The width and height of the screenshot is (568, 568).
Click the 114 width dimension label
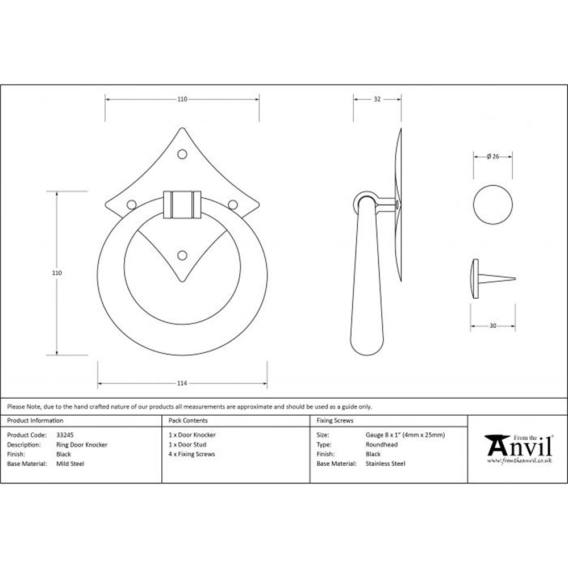[x=182, y=383]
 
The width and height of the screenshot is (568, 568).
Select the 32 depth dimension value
[x=377, y=99]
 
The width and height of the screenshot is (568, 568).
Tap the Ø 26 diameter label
[x=492, y=157]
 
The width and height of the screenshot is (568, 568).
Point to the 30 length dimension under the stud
[x=492, y=325]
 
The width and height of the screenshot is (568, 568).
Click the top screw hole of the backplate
[x=182, y=154]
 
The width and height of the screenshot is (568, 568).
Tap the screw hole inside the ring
[x=182, y=255]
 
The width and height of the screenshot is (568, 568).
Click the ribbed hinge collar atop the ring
[x=182, y=204]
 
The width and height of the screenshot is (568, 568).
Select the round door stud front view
[x=492, y=204]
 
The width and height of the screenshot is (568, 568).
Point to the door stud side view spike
[x=498, y=278]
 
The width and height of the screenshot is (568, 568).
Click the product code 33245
[x=65, y=435]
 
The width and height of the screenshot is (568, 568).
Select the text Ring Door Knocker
[x=82, y=445]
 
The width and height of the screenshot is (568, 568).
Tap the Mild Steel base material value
[x=70, y=464]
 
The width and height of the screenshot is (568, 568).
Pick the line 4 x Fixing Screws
[x=192, y=454]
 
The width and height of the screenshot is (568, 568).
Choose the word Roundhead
[x=381, y=445]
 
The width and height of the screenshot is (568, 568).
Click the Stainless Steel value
[x=386, y=464]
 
